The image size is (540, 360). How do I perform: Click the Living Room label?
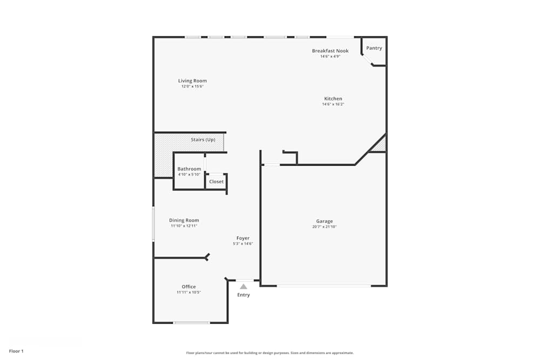pyautogui.click(x=192, y=81)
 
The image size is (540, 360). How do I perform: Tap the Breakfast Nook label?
pyautogui.click(x=330, y=51)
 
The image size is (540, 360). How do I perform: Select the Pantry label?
pyautogui.click(x=374, y=48)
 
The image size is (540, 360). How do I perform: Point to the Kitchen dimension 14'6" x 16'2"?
pyautogui.click(x=333, y=104)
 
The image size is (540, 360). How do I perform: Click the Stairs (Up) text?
pyautogui.click(x=202, y=140)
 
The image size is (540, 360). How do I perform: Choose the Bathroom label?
pyautogui.click(x=189, y=169)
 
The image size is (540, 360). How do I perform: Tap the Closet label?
pyautogui.click(x=216, y=182)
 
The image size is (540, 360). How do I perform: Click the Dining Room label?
pyautogui.click(x=184, y=220)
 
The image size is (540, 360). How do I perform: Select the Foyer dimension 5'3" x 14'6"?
pyautogui.click(x=242, y=244)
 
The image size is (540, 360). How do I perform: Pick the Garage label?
pyautogui.click(x=324, y=221)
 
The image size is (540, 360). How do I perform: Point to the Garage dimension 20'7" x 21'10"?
pyautogui.click(x=324, y=227)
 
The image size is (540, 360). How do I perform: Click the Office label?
pyautogui.click(x=188, y=287)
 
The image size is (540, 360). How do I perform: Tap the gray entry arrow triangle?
pyautogui.click(x=244, y=287)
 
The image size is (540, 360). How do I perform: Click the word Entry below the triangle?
pyautogui.click(x=244, y=295)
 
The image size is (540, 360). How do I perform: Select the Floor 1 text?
pyautogui.click(x=16, y=351)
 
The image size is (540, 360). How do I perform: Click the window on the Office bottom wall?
pyautogui.click(x=191, y=323)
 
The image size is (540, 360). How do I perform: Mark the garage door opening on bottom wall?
pyautogui.click(x=323, y=286)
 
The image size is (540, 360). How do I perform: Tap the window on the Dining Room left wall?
pyautogui.click(x=153, y=223)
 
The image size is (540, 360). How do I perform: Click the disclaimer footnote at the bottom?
pyautogui.click(x=269, y=353)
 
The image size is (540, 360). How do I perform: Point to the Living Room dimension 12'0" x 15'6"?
pyautogui.click(x=192, y=86)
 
